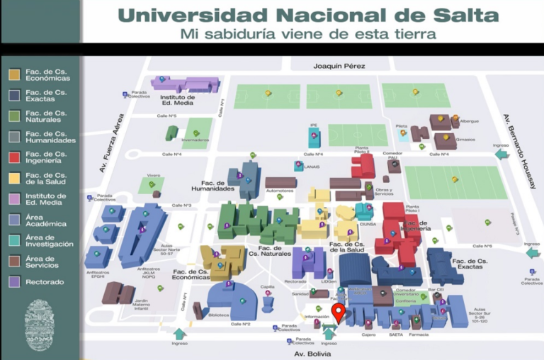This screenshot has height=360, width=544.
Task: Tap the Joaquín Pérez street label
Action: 339,66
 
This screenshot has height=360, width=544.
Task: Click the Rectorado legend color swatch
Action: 14,282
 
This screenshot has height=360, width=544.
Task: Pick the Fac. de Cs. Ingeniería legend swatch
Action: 14,157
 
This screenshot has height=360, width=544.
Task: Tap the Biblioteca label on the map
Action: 220,315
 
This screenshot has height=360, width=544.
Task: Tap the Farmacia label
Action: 418,334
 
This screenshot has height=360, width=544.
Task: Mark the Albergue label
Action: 470,121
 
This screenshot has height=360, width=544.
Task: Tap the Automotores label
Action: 279,191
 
